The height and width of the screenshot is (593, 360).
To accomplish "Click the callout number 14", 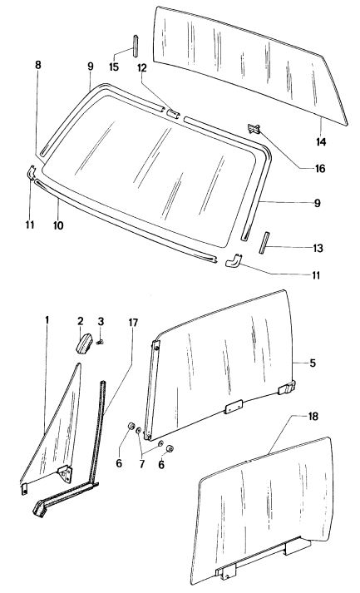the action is (x=321, y=142).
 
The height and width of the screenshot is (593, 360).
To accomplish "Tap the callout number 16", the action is (x=320, y=168).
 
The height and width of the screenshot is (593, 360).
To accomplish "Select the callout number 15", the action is (x=114, y=67).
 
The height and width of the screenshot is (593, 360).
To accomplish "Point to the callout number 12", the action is (x=142, y=68).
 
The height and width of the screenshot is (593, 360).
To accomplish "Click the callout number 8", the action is (x=37, y=65).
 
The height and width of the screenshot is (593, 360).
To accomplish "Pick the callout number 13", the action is (x=318, y=248).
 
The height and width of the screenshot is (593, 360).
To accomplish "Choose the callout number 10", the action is (x=58, y=225).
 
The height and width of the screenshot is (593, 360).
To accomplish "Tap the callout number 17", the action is (x=133, y=323).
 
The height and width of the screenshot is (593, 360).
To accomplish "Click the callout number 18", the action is (x=313, y=417).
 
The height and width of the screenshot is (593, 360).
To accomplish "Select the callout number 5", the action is (x=313, y=363).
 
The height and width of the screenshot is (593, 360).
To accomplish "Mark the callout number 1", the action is (x=47, y=320).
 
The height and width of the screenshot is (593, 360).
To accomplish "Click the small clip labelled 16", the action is (x=254, y=129).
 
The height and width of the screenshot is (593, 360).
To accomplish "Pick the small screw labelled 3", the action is (x=101, y=342).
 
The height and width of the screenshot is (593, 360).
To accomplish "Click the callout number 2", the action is (x=80, y=322).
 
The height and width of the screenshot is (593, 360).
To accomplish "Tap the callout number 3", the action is (x=101, y=322).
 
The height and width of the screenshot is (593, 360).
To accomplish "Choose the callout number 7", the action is (x=142, y=463).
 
